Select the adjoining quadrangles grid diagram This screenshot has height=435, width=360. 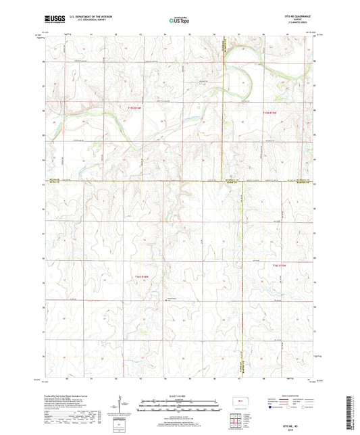241,421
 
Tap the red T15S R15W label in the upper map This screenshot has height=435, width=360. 271,112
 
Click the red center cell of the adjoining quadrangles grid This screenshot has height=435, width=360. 241,421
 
